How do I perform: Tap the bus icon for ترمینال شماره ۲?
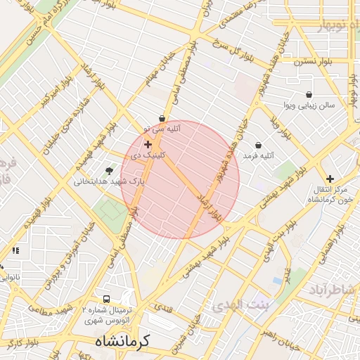tap(105, 298)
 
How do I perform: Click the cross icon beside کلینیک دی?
tap(148, 144)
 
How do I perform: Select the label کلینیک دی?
tap(148, 154)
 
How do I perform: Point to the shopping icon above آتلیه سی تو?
tap(162, 119)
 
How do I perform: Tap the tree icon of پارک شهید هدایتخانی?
tap(109, 170)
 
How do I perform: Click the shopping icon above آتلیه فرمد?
tap(258, 145)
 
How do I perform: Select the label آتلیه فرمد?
tap(258, 155)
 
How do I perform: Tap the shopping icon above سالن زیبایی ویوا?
tap(309, 94)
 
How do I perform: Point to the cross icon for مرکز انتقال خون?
tap(330, 179)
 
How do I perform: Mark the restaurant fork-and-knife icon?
tap(15, 250)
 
